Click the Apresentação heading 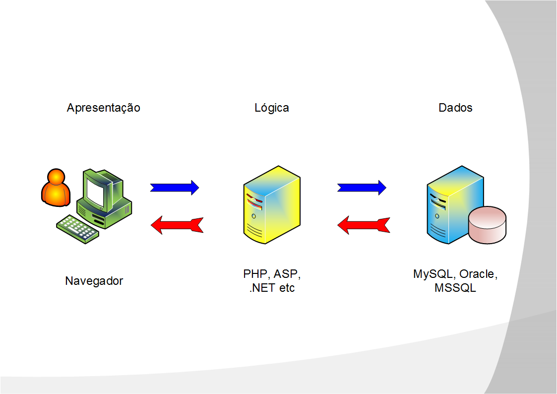click(103, 108)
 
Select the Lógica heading click(271, 108)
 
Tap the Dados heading click(455, 108)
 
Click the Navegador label click(94, 281)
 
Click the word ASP click(288, 274)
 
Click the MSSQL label click(455, 288)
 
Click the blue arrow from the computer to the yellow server click(174, 187)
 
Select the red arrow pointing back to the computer click(177, 225)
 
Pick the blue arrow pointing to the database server click(362, 187)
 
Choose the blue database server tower click(446, 203)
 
